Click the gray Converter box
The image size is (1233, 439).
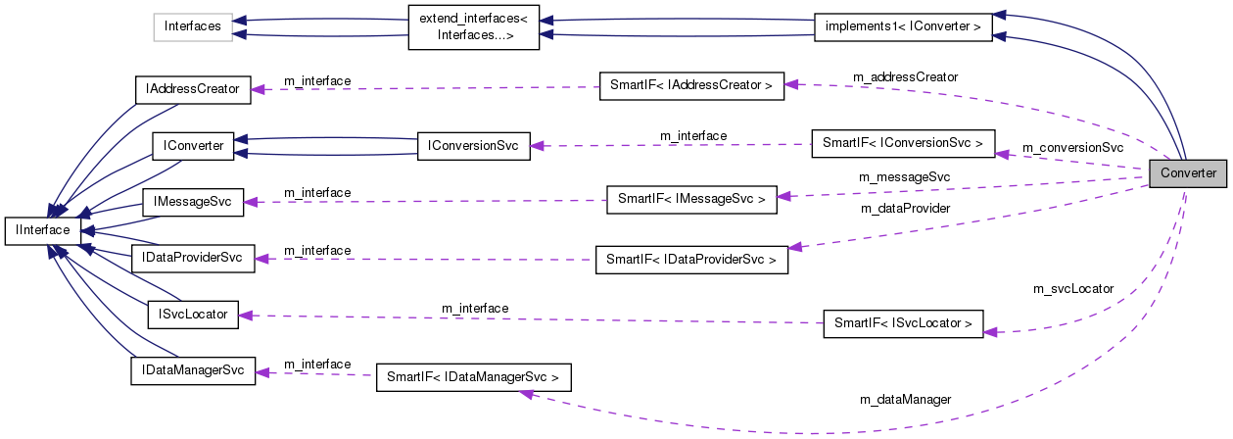click(x=1188, y=173)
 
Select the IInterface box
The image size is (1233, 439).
click(x=37, y=230)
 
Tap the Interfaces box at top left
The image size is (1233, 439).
click(x=192, y=26)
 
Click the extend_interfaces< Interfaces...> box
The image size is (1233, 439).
click(x=473, y=26)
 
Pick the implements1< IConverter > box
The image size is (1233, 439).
click(x=903, y=26)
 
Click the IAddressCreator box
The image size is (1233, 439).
click(x=192, y=89)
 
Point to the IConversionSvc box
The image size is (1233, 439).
click(x=473, y=145)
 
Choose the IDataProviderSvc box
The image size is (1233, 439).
click(x=192, y=259)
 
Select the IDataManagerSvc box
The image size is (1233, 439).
click(x=192, y=371)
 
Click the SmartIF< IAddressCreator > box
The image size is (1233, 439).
click(x=691, y=85)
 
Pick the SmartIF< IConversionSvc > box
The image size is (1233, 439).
click(x=903, y=143)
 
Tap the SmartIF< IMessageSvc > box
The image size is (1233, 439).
click(x=691, y=199)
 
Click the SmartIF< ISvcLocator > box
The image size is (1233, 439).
click(x=903, y=322)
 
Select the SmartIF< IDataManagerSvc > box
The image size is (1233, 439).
click(x=473, y=376)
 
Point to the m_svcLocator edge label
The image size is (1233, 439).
click(x=1073, y=289)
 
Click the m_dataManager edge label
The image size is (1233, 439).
click(x=905, y=399)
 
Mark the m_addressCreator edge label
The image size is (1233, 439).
click(x=905, y=76)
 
